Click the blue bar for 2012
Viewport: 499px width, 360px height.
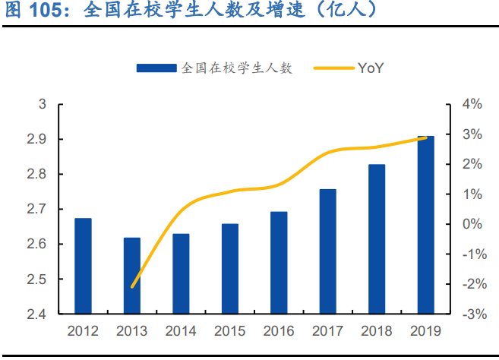click(83, 266)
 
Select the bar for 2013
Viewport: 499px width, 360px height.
click(132, 275)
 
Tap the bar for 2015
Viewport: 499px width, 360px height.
click(230, 268)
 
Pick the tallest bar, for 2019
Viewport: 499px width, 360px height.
click(425, 225)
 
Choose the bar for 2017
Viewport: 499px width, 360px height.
click(327, 251)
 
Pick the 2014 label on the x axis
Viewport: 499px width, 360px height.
click(181, 331)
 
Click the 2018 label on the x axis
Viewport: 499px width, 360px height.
click(377, 331)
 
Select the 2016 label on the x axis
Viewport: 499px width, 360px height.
click(279, 331)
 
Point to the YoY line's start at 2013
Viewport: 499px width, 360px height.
click(132, 287)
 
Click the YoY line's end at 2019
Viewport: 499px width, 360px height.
click(425, 137)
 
